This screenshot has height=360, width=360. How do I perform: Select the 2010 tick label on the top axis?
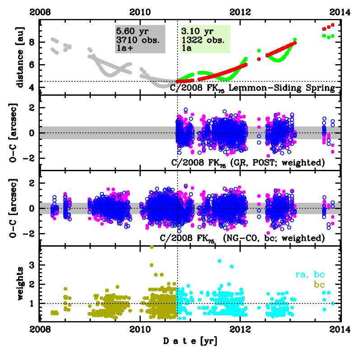tap(140, 13)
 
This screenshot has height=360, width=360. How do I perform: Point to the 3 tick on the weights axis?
tap(32, 265)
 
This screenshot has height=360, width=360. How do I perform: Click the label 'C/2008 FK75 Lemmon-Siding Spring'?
tap(252, 89)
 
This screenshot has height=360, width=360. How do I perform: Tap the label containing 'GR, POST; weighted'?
tap(249, 162)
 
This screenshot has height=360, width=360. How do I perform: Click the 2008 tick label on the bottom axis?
tap(40, 330)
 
